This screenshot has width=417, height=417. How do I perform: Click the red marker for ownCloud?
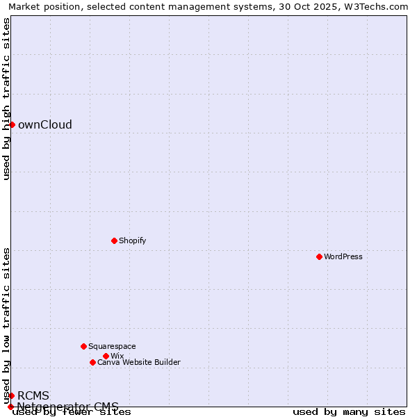point(12,124)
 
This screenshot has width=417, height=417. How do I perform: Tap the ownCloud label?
point(44,125)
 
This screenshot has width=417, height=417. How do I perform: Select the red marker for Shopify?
point(115,240)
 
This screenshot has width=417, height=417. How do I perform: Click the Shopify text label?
point(132,241)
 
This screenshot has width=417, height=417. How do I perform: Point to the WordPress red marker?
point(319,256)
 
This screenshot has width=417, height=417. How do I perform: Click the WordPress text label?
point(343,257)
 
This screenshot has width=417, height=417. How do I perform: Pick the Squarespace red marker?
point(83,346)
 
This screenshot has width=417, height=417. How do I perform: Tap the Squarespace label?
point(112,347)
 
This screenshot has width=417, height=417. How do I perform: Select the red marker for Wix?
point(106,356)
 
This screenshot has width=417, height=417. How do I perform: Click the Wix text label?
point(117,357)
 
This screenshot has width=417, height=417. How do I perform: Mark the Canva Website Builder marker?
point(92,362)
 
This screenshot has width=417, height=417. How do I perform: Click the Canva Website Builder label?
point(138,363)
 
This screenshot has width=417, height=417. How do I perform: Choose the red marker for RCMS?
point(12,395)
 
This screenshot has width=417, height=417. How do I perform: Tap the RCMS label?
point(33,396)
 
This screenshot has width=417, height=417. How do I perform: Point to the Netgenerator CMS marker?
point(10,407)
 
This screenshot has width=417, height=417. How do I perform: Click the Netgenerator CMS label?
point(67,407)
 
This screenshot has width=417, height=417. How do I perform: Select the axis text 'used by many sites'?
point(349,412)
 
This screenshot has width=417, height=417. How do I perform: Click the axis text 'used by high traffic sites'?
point(7,99)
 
